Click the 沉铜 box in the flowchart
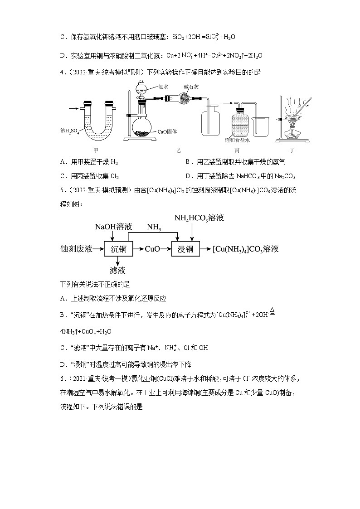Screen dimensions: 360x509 (x=118, y=249)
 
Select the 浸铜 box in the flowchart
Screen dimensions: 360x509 (x=185, y=249)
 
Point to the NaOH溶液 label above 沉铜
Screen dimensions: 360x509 (x=113, y=226)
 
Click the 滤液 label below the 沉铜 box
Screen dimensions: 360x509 (x=117, y=271)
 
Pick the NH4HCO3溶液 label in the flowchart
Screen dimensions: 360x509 (x=199, y=218)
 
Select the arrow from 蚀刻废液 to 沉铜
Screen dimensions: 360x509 (x=99, y=249)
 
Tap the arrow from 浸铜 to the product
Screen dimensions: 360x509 (x=205, y=249)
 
